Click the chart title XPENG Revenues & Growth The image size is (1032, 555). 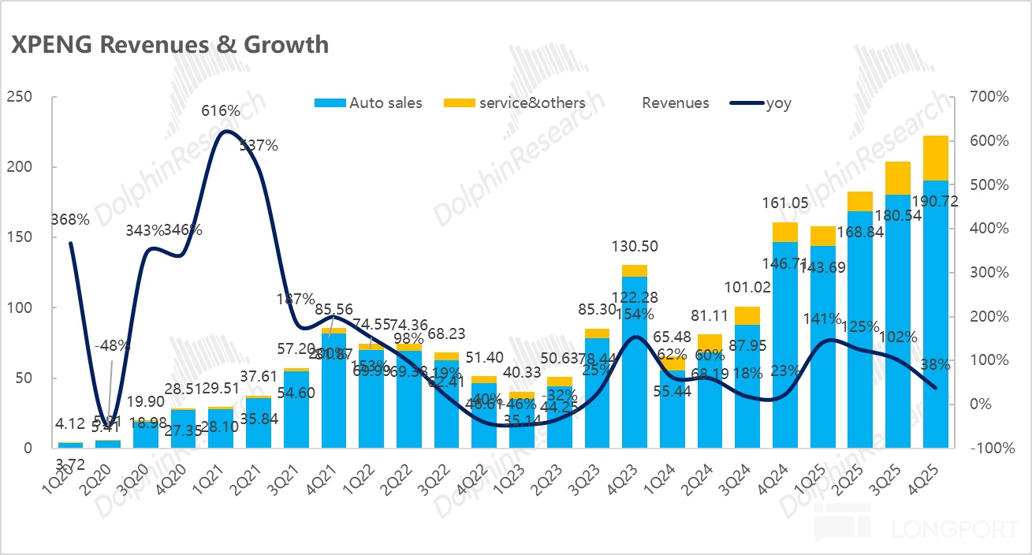click(170, 45)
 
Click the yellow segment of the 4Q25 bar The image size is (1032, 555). click(936, 158)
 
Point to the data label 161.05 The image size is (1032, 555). click(784, 203)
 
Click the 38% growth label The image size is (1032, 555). click(935, 365)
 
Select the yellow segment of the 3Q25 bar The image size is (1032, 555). click(897, 178)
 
